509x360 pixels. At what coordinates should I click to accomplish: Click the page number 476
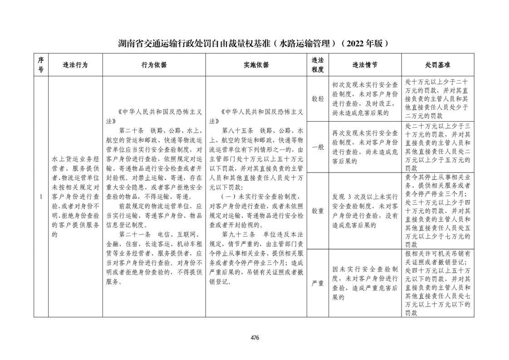coord(254,337)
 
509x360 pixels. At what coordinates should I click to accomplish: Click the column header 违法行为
coord(75,65)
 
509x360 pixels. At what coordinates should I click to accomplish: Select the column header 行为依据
coord(154,65)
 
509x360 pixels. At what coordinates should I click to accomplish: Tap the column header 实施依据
coord(256,65)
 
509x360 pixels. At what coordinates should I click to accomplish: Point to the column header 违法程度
coord(318,65)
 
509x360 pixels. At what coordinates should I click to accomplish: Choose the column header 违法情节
coord(365,65)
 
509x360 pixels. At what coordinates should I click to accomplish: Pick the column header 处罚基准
coord(438,65)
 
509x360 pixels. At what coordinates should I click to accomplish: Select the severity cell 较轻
coord(318,99)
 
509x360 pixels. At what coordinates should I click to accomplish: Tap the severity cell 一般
coord(318,147)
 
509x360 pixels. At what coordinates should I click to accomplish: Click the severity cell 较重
coord(318,211)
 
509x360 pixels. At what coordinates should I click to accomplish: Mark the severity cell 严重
coord(318,283)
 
